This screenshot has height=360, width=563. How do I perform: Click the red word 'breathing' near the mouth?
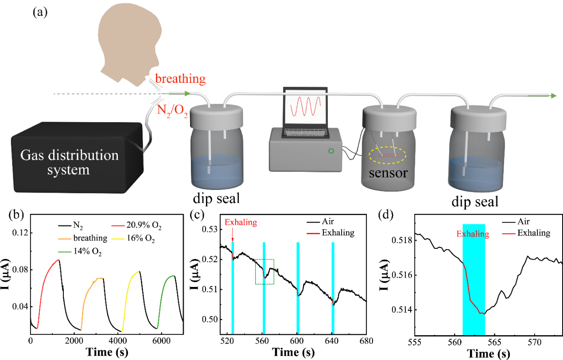point(180,79)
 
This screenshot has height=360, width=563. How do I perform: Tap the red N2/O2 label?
point(172,111)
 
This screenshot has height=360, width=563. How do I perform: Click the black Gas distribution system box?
point(77,158)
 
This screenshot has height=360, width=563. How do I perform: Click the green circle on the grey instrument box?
point(331,151)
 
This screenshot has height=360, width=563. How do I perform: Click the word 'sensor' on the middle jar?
point(388,173)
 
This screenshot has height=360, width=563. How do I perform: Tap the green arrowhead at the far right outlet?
point(554,96)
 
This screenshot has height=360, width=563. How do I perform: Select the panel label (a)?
point(40,12)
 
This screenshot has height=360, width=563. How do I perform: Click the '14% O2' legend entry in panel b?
point(80,252)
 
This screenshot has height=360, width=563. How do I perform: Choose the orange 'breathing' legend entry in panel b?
point(83,238)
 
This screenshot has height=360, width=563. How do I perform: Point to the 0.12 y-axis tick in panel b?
point(20,233)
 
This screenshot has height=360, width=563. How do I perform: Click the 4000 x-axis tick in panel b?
point(118,341)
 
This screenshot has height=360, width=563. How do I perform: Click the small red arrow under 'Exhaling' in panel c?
point(233,234)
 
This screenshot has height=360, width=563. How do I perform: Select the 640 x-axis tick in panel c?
point(332,341)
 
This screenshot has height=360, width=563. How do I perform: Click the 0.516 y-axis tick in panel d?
point(402,275)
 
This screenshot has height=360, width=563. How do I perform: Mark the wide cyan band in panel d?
point(474,279)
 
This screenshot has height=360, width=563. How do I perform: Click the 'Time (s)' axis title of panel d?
point(489,354)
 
